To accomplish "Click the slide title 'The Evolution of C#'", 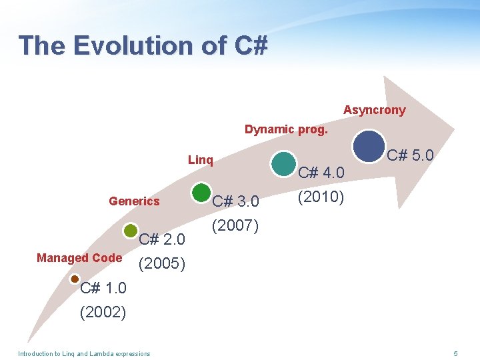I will click(143, 45).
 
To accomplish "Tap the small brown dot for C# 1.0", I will click(75, 279).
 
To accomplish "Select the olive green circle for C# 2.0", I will click(131, 231).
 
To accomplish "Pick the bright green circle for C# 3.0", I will click(201, 193).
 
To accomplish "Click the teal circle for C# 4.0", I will click(285, 164).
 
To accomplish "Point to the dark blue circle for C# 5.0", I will click(369, 147).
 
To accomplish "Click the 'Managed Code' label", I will click(79, 258).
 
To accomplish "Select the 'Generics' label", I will click(134, 201).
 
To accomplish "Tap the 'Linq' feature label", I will click(201, 160).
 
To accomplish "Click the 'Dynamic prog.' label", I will click(286, 129).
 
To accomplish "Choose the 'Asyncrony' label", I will click(374, 110).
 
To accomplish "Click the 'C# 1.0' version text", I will click(103, 288).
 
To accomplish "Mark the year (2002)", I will click(103, 312).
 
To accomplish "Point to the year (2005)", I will click(161, 263).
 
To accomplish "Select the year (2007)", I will click(235, 225).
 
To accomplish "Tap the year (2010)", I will click(321, 197).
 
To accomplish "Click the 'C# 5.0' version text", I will click(411, 155).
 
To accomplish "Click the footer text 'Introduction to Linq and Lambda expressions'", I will click(84, 353).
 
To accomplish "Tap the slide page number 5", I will click(455, 353).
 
